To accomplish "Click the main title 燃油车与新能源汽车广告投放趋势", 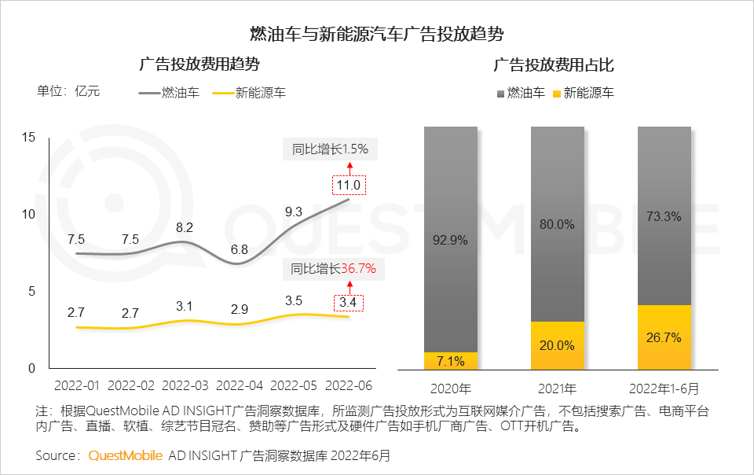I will pos(376,34).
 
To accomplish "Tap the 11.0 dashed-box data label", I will pos(348,186).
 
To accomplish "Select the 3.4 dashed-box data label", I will pos(348,301).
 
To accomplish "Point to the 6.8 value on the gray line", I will pos(240,250).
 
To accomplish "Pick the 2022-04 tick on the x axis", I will pos(239,386).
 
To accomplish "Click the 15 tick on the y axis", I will pos(29,138).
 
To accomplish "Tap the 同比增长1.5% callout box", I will pos(330,149).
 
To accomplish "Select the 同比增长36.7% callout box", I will pos(334,268).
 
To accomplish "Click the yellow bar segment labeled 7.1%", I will pos(451,361).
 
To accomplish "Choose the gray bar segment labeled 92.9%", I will pos(451,239).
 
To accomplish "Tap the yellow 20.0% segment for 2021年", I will pos(558,345).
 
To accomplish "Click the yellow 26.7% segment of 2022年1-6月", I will pos(664,337).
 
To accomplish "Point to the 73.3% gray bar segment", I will pos(664,215).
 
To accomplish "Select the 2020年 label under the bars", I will pos(451,388).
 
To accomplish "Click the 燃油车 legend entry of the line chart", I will pos(169,93).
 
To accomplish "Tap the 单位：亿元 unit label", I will pos(69,90).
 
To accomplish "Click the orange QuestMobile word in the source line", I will pos(126,455).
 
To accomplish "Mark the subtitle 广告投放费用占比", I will pos(554,65).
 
